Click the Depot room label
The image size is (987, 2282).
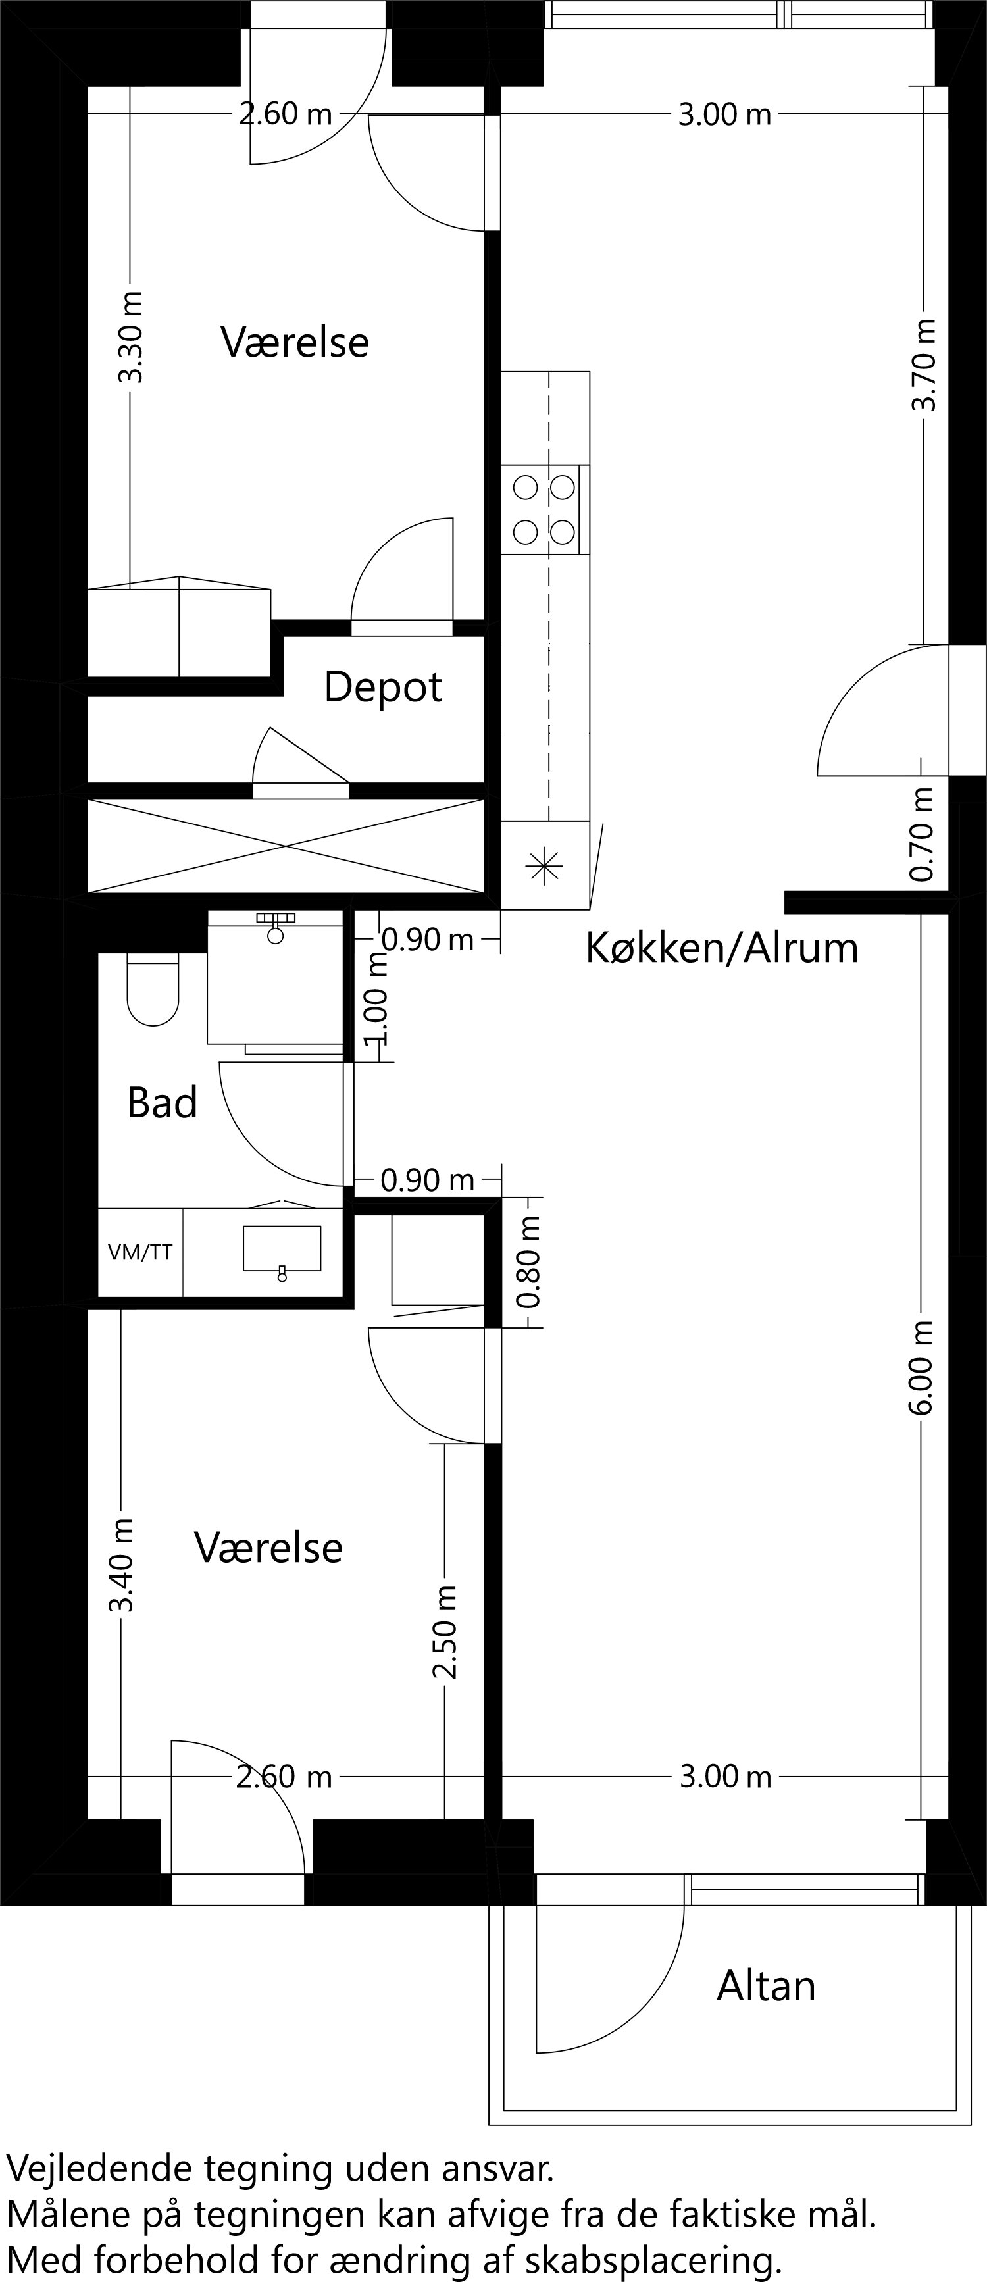click(383, 688)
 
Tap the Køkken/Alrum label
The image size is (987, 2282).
click(721, 949)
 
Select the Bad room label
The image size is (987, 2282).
click(161, 1103)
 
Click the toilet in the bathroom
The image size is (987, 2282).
click(153, 990)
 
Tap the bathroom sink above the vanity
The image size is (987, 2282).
click(282, 1248)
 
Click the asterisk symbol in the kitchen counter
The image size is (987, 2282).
click(544, 865)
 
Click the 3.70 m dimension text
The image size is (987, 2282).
click(923, 365)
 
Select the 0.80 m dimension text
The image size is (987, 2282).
click(529, 1262)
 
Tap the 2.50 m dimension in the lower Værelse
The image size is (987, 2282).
click(445, 1633)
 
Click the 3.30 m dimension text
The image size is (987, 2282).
click(130, 338)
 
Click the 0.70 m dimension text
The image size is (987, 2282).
click(923, 834)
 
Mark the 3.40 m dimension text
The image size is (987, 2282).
click(120, 1565)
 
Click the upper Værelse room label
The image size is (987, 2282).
click(294, 342)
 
